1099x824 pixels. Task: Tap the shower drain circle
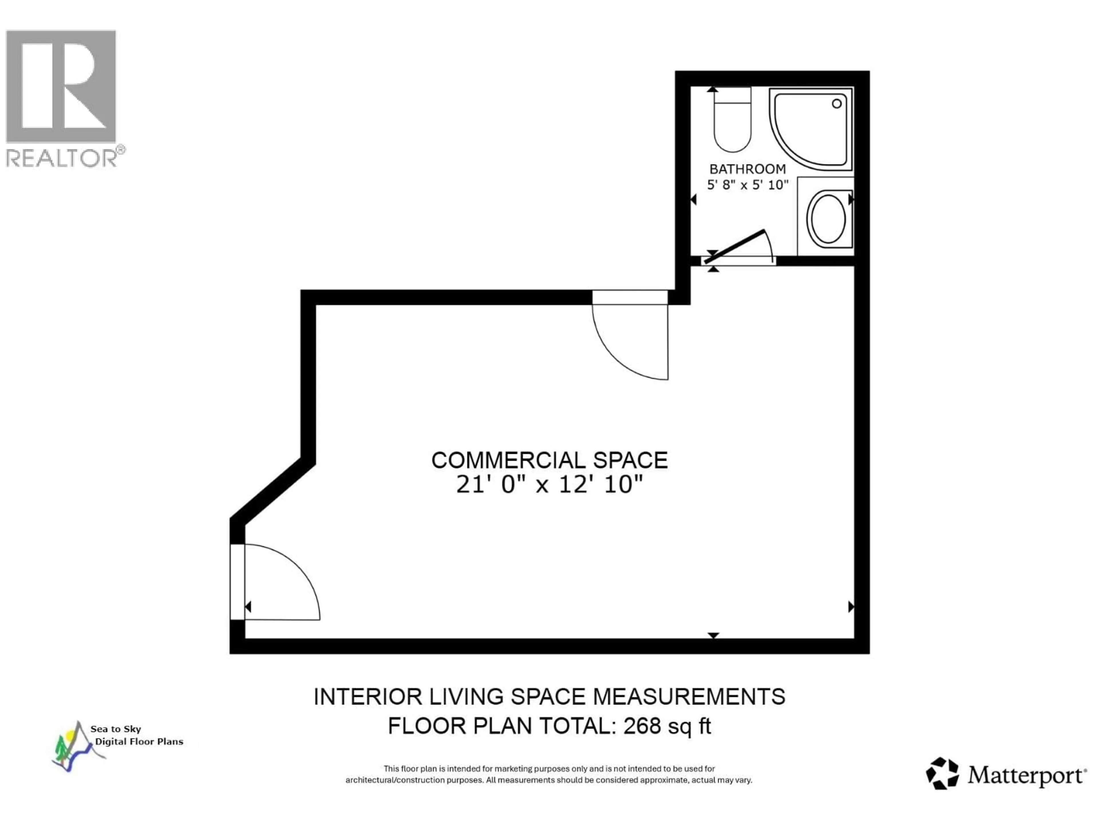(x=837, y=104)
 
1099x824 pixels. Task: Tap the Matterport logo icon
(x=942, y=773)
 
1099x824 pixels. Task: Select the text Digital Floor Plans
(x=139, y=742)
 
